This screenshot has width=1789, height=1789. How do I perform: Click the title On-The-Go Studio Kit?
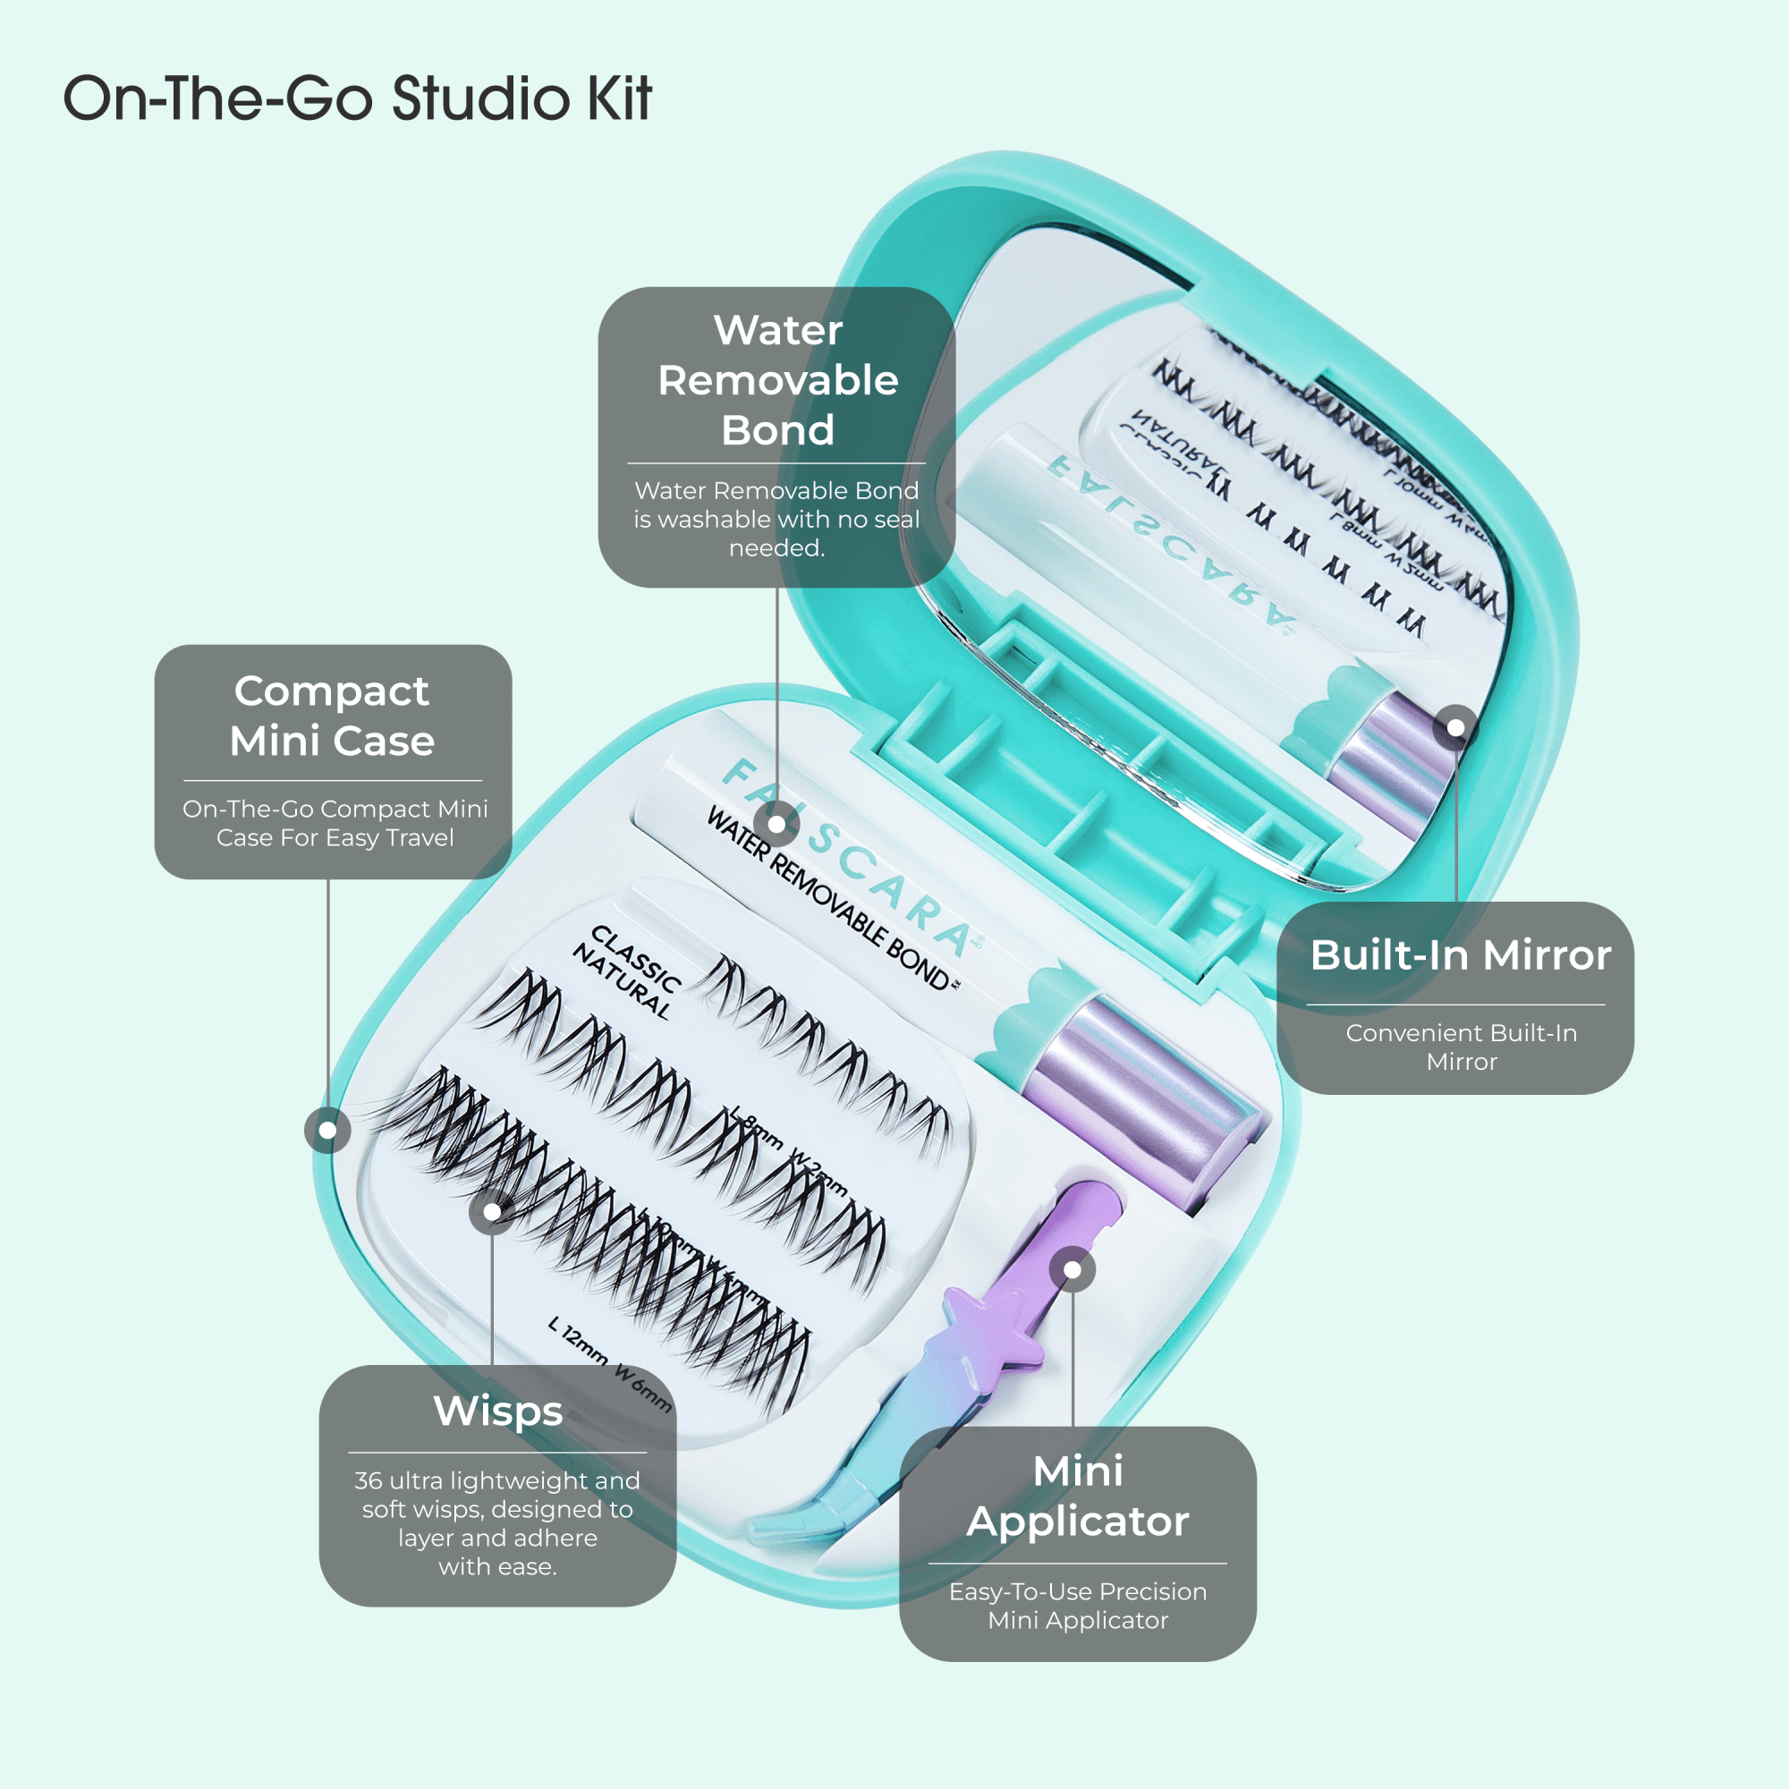pos(358,98)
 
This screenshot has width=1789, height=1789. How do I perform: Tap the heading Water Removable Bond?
pos(778,380)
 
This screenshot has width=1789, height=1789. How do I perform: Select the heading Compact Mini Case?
pos(332,716)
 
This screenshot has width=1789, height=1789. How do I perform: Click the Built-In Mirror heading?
pos(1461,954)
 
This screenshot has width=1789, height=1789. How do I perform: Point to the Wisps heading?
pos(498,1412)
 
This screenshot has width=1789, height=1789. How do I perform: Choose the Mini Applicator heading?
pos(1077,1496)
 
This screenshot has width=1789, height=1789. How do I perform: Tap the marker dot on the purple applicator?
pos(1073,1270)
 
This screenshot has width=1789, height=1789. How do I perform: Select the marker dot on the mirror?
pos(1455,728)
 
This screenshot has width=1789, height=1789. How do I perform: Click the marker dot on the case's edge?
pos(327,1130)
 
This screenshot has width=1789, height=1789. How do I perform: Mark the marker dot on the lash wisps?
pos(493,1212)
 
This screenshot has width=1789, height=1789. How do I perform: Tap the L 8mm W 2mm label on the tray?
pos(788,1149)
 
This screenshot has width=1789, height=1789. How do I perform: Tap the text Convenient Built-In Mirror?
pos(1461,1047)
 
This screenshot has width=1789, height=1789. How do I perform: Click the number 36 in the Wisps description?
pos(369,1480)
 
